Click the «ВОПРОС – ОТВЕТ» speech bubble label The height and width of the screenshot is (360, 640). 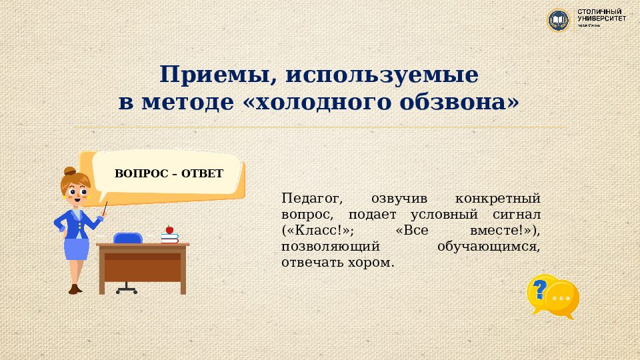[169, 173]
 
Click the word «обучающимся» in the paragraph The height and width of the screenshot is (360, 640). [489, 246]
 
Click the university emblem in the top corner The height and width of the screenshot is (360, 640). [558, 20]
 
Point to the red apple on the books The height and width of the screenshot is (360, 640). [169, 229]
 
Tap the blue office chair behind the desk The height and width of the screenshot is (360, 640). [128, 239]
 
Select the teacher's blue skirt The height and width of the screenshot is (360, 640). [77, 249]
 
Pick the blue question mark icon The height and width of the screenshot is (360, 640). [541, 289]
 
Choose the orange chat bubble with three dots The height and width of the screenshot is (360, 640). [562, 298]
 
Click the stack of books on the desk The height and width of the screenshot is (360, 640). [170, 237]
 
